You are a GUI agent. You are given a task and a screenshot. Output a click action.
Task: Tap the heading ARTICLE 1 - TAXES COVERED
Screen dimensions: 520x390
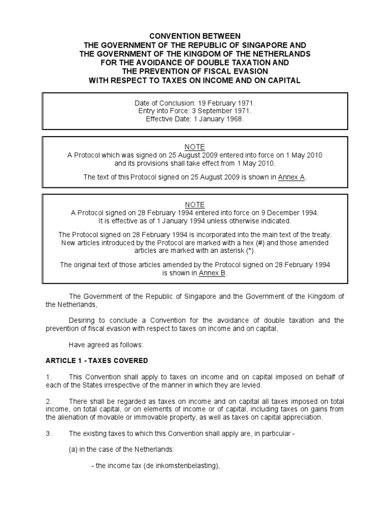click(x=96, y=361)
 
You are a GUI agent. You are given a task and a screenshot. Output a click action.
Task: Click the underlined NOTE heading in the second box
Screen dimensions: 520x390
click(x=194, y=147)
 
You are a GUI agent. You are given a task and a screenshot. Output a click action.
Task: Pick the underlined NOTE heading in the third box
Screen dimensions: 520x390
click(x=194, y=205)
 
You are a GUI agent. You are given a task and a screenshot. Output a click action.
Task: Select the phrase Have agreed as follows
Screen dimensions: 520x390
click(x=106, y=344)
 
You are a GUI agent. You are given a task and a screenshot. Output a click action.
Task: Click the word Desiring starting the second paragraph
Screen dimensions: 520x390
click(x=83, y=320)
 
